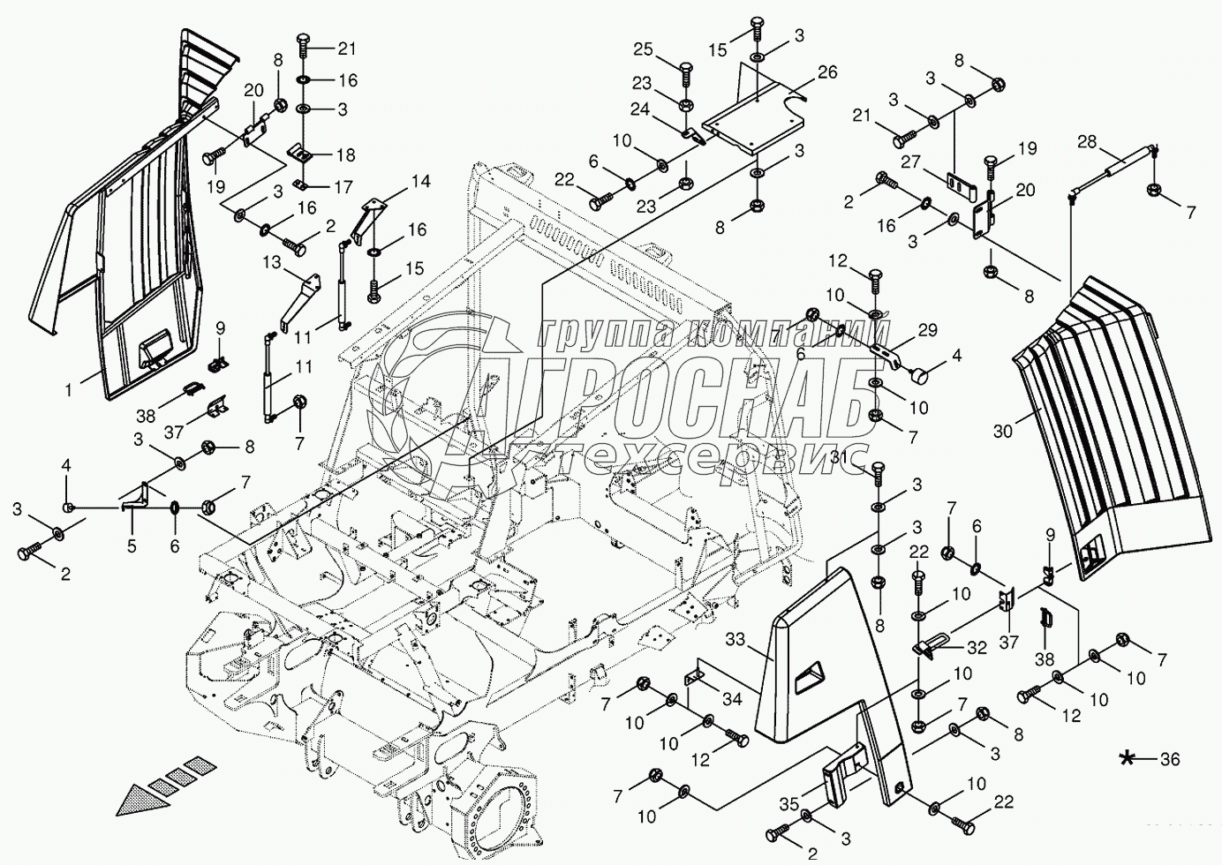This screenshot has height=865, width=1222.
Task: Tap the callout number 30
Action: [1003, 432]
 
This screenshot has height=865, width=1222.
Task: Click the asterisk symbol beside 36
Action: [1128, 759]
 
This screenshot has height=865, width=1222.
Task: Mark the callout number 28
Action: [1087, 141]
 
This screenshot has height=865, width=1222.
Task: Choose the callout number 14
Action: [419, 183]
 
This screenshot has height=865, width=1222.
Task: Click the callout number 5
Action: [132, 545]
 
